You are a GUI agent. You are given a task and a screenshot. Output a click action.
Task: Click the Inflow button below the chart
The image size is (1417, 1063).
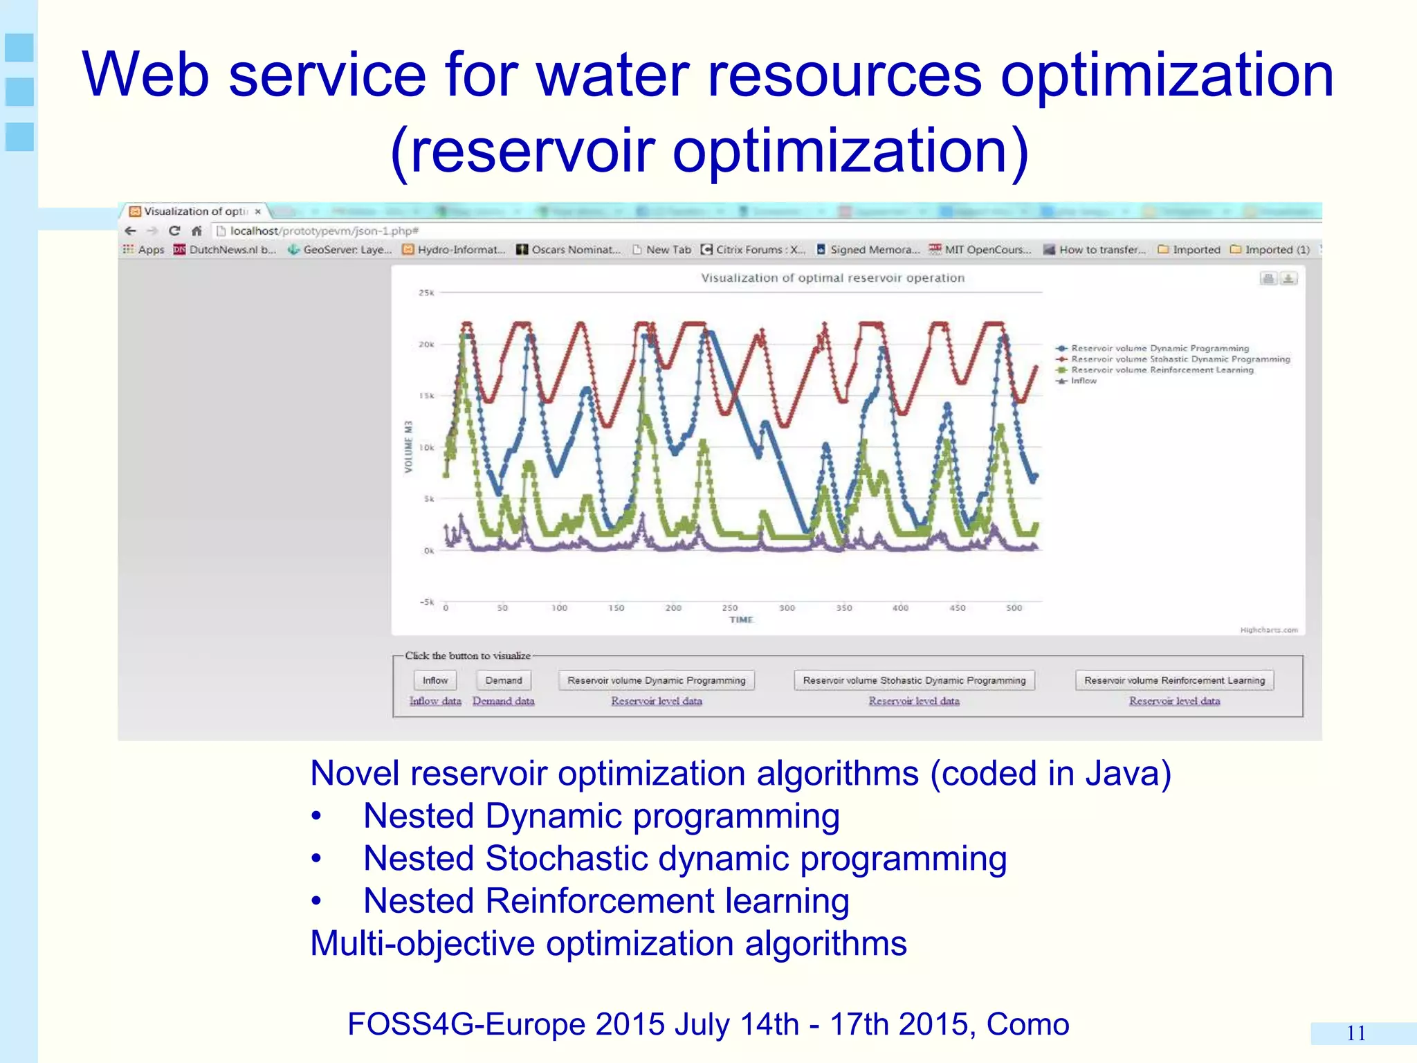tap(435, 680)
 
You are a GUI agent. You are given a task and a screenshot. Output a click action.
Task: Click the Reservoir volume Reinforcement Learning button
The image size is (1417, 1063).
tap(1174, 680)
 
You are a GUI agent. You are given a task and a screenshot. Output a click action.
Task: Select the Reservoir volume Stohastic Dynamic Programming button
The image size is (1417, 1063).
tap(914, 680)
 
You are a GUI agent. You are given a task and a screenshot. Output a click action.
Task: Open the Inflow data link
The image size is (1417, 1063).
tap(435, 701)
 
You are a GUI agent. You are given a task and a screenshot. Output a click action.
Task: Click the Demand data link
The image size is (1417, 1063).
tap(503, 701)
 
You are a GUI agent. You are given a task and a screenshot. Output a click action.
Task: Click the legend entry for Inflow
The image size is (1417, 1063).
tap(1084, 381)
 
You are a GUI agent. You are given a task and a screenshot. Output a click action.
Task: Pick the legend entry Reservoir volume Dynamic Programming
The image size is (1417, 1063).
tap(1160, 348)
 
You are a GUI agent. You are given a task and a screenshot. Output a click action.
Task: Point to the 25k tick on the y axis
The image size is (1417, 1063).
tap(426, 293)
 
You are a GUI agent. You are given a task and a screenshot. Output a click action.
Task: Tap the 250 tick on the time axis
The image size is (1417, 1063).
tap(730, 608)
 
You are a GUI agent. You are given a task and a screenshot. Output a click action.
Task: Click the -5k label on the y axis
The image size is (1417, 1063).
tap(426, 602)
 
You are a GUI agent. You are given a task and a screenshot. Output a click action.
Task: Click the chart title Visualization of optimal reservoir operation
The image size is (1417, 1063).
tap(832, 278)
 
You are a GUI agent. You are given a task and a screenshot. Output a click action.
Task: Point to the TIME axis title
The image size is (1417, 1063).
tap(740, 620)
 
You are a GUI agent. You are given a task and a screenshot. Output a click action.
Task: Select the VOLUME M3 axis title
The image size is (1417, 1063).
tap(408, 447)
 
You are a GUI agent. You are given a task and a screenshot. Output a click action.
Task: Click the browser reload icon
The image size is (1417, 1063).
tap(174, 231)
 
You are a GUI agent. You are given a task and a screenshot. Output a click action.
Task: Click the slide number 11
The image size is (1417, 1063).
tap(1355, 1033)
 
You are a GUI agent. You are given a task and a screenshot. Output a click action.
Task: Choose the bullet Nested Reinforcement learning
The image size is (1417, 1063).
tap(606, 901)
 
